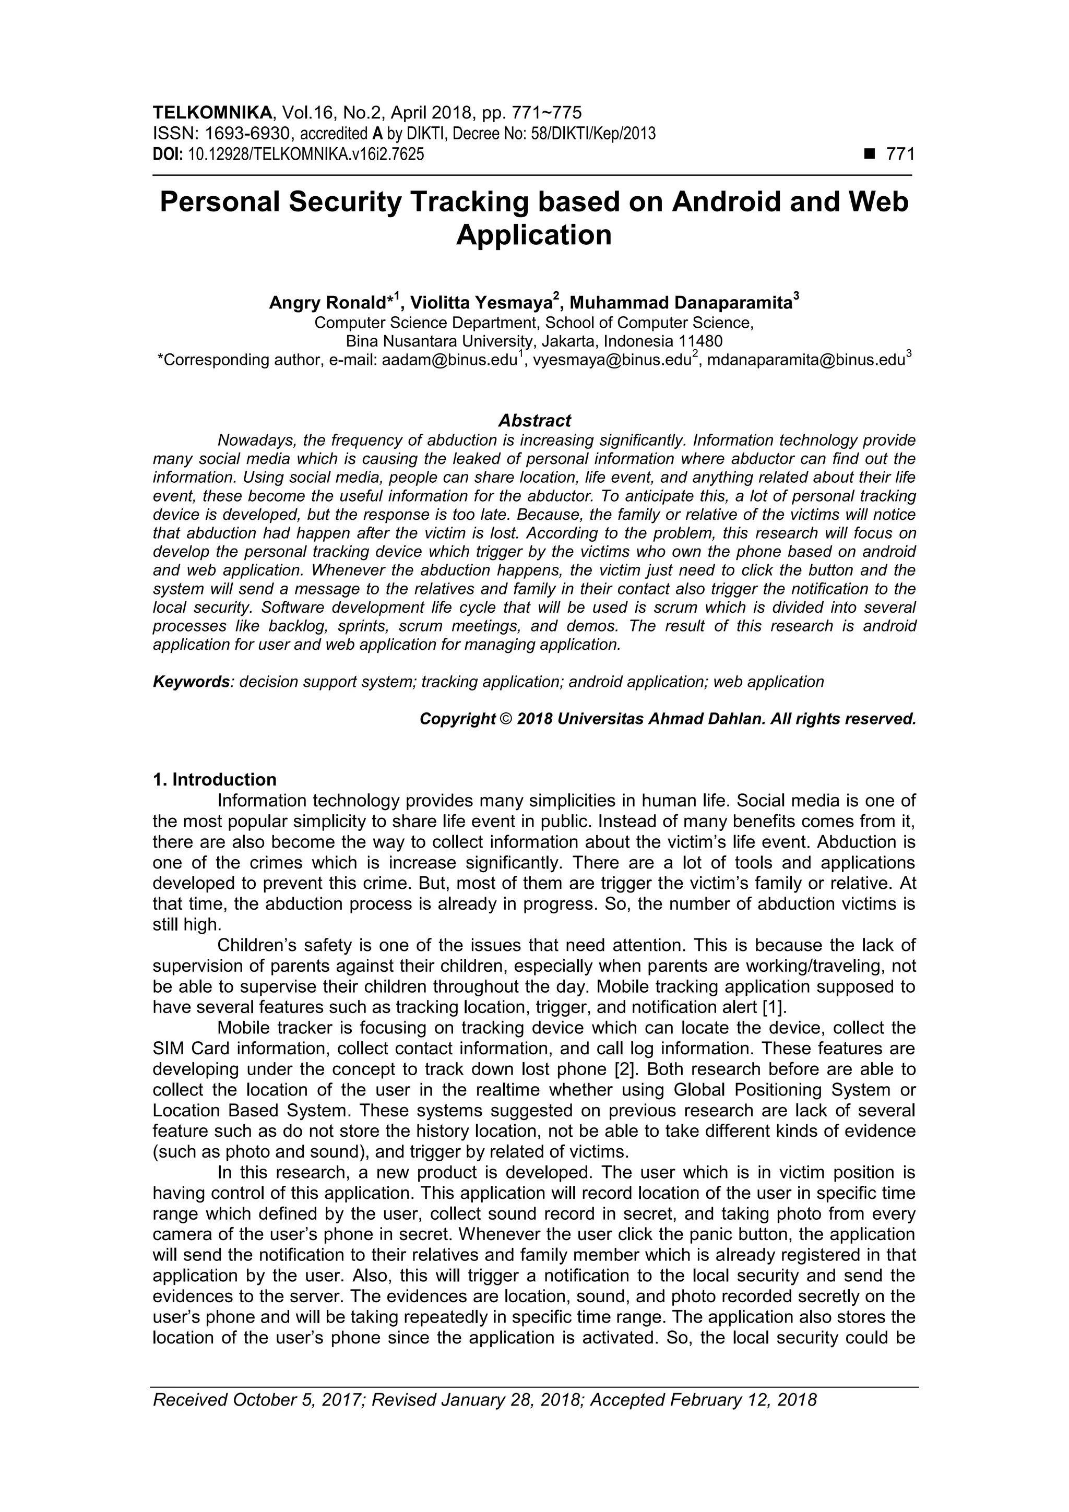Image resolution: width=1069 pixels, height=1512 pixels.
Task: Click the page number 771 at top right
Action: click(x=900, y=155)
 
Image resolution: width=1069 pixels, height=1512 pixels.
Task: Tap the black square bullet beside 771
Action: click(x=870, y=155)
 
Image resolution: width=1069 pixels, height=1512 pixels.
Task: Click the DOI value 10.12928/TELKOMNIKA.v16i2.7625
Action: click(x=306, y=155)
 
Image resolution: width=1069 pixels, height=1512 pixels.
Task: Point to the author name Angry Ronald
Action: click(x=327, y=303)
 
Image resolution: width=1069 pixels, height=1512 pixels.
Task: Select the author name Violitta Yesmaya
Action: click(x=481, y=303)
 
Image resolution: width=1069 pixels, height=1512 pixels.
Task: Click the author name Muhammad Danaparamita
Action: click(x=681, y=303)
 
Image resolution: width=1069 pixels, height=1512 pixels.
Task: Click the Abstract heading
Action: click(x=534, y=420)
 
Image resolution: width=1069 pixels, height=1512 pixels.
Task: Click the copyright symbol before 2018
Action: click(x=506, y=719)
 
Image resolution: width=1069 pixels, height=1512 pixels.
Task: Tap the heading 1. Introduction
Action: click(x=214, y=780)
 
